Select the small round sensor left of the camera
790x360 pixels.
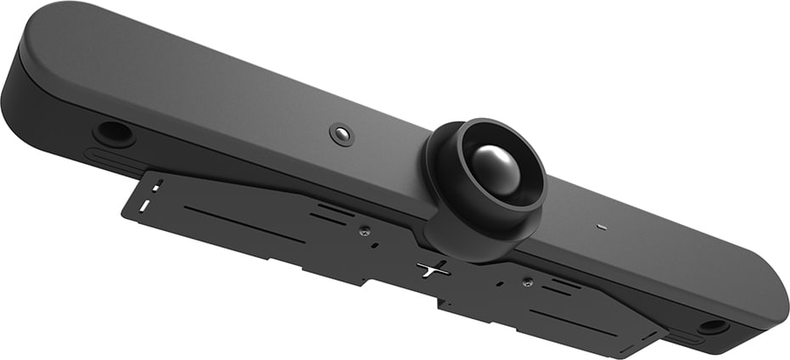(341, 134)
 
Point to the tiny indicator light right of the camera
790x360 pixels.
(601, 228)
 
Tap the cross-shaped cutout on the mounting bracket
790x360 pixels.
(433, 269)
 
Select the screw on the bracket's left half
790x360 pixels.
(363, 230)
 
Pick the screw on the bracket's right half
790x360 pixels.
(527, 282)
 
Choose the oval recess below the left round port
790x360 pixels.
(110, 159)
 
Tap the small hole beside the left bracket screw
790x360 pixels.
(374, 245)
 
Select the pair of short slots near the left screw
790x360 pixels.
(331, 212)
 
